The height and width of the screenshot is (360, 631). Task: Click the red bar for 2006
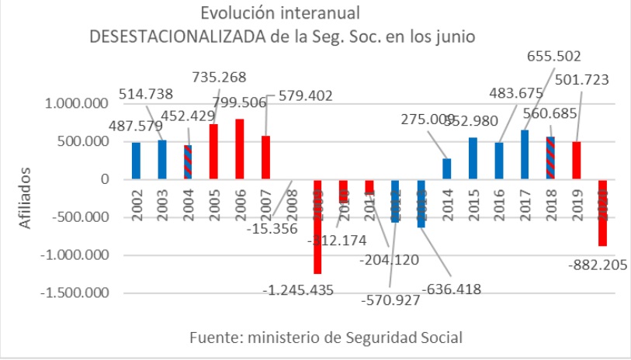pos(239,149)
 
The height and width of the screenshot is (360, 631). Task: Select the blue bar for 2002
pos(136,161)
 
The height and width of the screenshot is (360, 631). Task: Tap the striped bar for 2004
pos(188,162)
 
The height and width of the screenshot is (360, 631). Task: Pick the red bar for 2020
pos(603,213)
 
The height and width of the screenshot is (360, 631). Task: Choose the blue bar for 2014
pos(447,168)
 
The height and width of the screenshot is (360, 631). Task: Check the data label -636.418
pos(452,289)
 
